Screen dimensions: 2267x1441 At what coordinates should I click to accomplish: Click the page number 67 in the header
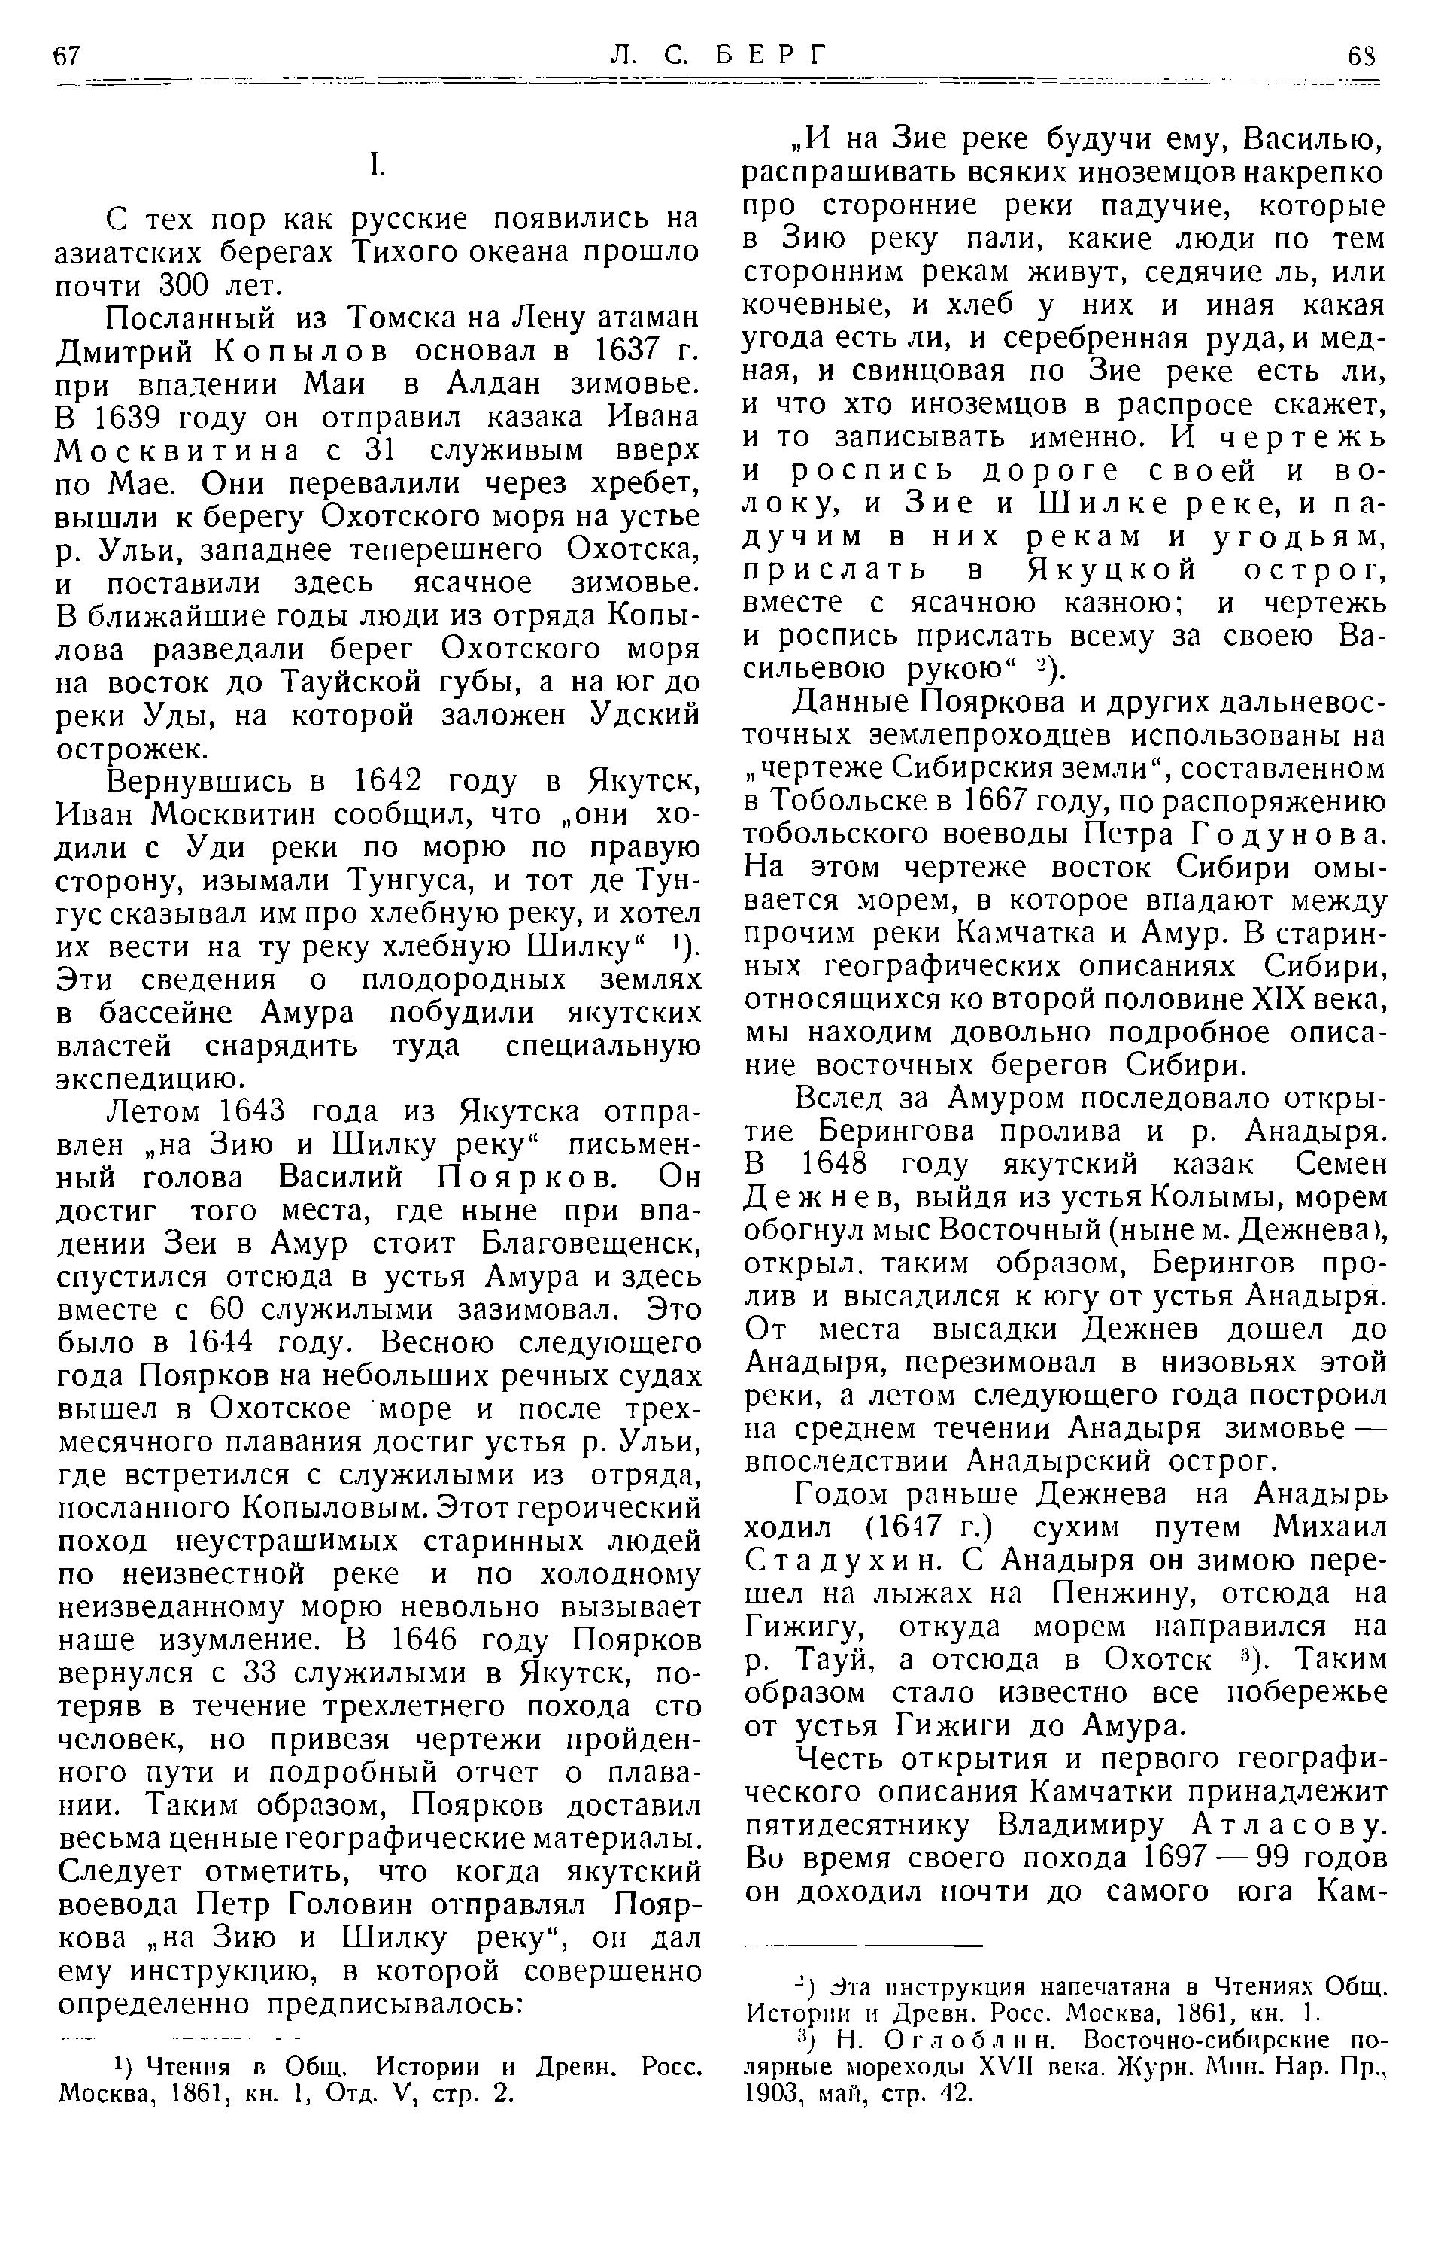tap(68, 56)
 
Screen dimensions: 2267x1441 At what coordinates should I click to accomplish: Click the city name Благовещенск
tap(591, 1244)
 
